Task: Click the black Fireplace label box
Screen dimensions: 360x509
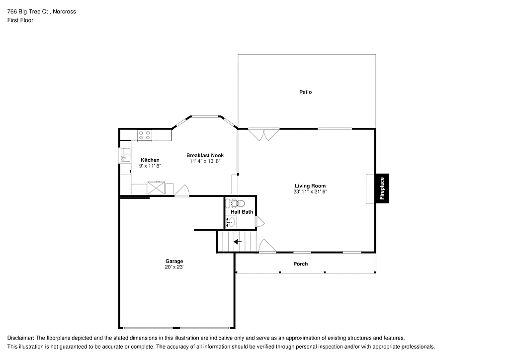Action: (x=382, y=188)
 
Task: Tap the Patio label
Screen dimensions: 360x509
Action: (x=305, y=92)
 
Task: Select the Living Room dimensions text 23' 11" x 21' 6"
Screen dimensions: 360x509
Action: (x=310, y=191)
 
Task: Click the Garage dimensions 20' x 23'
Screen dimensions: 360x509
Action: (x=174, y=267)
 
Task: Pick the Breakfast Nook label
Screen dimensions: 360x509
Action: (x=205, y=155)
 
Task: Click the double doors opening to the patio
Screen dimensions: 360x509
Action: (x=264, y=134)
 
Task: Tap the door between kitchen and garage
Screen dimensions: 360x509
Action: (x=182, y=191)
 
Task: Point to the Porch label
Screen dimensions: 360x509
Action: (x=300, y=264)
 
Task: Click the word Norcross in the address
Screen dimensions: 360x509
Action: (x=65, y=11)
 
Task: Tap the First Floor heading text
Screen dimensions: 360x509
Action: (x=20, y=20)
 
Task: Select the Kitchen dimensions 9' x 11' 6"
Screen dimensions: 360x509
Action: (x=150, y=166)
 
